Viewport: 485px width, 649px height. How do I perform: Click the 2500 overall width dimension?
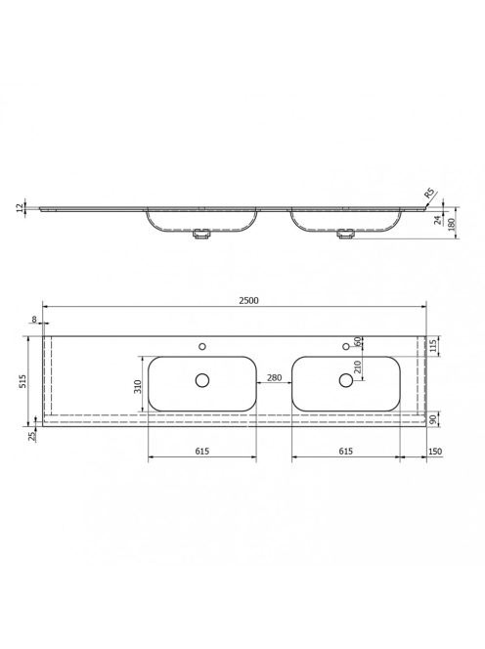click(x=248, y=300)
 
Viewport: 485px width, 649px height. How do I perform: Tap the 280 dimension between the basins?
click(x=274, y=377)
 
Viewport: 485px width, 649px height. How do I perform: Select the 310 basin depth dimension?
click(x=138, y=387)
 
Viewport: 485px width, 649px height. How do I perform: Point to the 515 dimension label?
click(x=22, y=381)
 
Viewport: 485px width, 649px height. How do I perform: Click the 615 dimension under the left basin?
click(x=202, y=451)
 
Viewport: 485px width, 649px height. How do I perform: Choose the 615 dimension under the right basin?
click(x=346, y=451)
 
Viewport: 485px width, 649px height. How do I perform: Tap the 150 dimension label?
click(x=435, y=452)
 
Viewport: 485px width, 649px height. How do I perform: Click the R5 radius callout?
click(x=429, y=194)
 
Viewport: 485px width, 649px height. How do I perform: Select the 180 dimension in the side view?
click(x=452, y=224)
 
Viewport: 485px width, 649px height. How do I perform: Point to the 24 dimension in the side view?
click(x=438, y=220)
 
